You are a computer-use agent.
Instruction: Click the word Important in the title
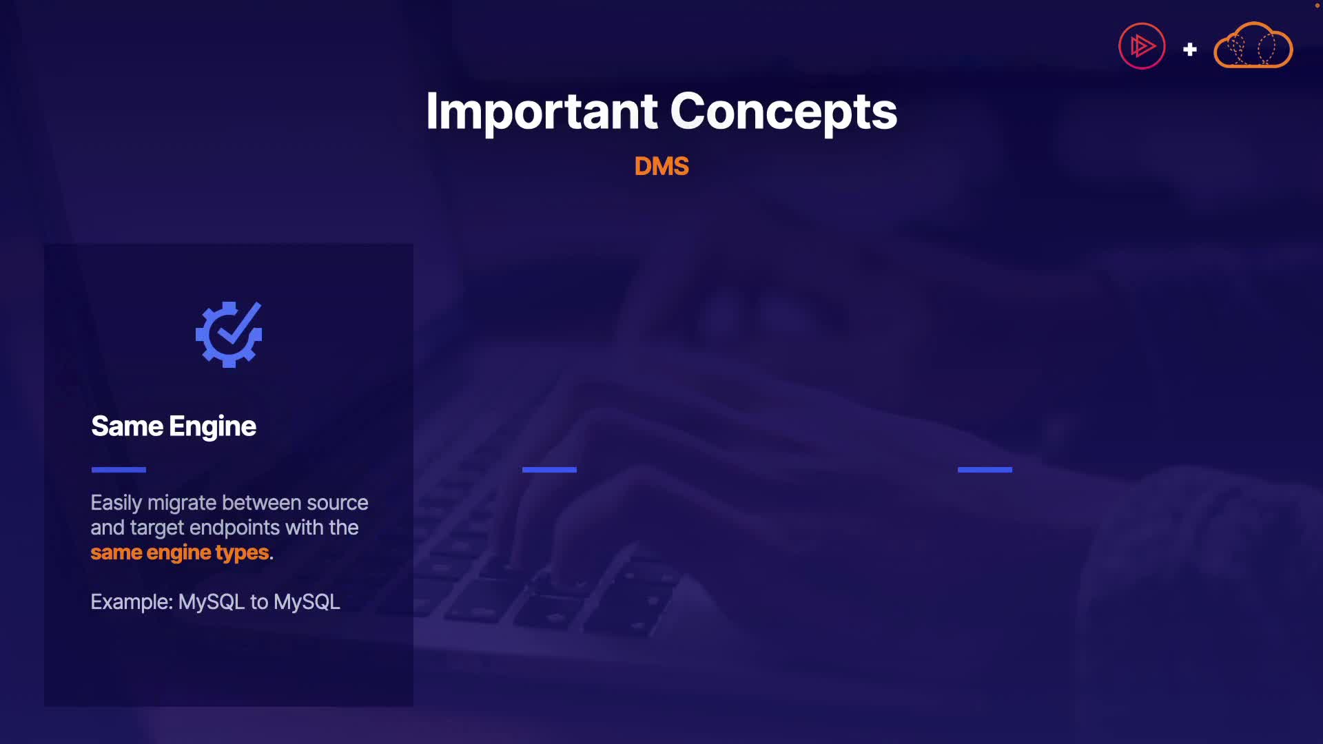point(542,112)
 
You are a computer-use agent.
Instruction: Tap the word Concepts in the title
point(783,112)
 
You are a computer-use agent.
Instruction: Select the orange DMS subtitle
point(661,166)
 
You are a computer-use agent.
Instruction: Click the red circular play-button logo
point(1142,46)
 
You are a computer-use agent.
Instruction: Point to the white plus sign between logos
point(1189,50)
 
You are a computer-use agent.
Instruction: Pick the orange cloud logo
point(1253,45)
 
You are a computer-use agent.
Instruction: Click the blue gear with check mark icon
point(229,334)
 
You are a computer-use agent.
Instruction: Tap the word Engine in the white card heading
point(212,427)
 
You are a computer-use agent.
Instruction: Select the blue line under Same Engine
point(119,470)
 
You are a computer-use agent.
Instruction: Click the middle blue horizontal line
point(549,470)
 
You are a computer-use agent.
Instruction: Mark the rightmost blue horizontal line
point(985,470)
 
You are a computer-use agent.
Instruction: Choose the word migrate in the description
point(182,504)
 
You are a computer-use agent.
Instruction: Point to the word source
point(338,504)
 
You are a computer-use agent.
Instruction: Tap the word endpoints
point(234,528)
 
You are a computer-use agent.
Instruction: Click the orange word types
point(242,553)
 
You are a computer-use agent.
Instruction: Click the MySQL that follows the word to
point(307,602)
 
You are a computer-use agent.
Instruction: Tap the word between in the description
point(262,504)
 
